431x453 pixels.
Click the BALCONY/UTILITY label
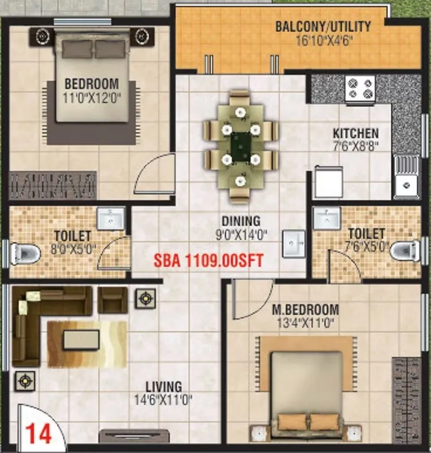pos(323,26)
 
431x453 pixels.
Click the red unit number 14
pos(39,434)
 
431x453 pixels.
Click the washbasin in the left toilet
pos(110,218)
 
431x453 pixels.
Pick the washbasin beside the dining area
pos(294,243)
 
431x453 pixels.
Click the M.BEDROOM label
pos(305,310)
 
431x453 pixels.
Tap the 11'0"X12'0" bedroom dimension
pos(92,97)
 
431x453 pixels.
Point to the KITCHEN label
pos(356,133)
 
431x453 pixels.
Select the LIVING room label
pos(164,387)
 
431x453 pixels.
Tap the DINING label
pos(241,221)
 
